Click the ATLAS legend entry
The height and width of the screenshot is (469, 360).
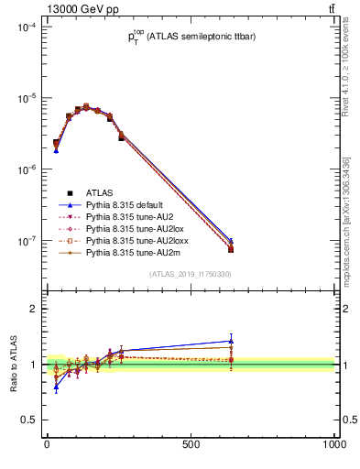[x=99, y=192]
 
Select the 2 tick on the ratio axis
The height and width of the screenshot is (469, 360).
[x=33, y=310]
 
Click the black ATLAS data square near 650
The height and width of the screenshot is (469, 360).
[x=232, y=249]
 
